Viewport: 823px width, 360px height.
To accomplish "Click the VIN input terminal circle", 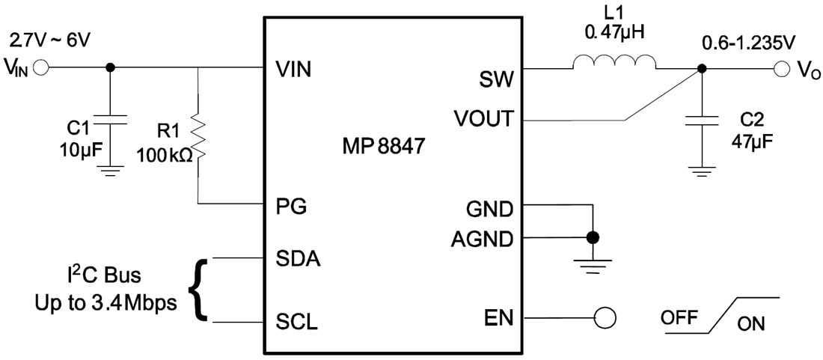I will (x=40, y=67).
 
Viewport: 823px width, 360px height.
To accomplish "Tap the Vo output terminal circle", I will (x=782, y=69).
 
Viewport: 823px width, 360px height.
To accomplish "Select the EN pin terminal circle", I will (x=605, y=317).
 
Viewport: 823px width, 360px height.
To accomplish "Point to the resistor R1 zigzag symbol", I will (x=198, y=137).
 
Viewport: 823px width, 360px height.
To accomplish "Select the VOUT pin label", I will (x=483, y=119).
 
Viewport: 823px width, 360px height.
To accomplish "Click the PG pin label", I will (x=291, y=206).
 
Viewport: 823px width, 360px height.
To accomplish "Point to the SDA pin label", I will (x=298, y=259).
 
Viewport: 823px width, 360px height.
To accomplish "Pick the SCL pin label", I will (x=297, y=323).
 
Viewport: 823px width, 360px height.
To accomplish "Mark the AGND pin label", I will (x=483, y=240).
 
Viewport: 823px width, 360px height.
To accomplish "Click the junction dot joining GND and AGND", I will (x=593, y=238).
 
